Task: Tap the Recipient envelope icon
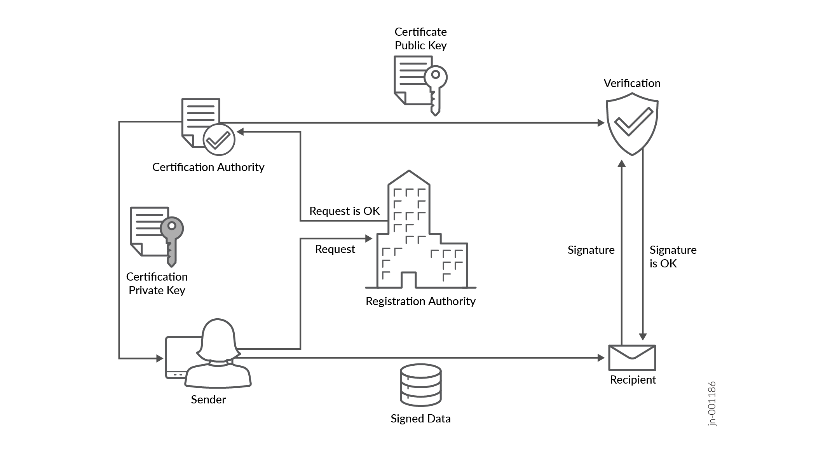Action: click(632, 358)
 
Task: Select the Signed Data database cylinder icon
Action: click(420, 385)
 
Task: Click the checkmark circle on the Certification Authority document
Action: click(219, 140)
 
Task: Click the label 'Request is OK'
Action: click(344, 211)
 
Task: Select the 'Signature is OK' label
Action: click(673, 257)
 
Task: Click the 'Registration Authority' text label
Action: click(420, 301)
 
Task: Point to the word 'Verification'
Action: click(632, 83)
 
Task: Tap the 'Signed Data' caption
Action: click(420, 419)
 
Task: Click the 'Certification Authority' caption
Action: click(208, 167)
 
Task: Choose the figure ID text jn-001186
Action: click(712, 404)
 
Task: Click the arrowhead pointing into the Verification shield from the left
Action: click(601, 123)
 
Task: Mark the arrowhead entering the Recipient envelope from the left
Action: click(601, 358)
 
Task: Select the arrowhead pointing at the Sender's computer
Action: click(160, 358)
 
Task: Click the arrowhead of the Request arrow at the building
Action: click(369, 238)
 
